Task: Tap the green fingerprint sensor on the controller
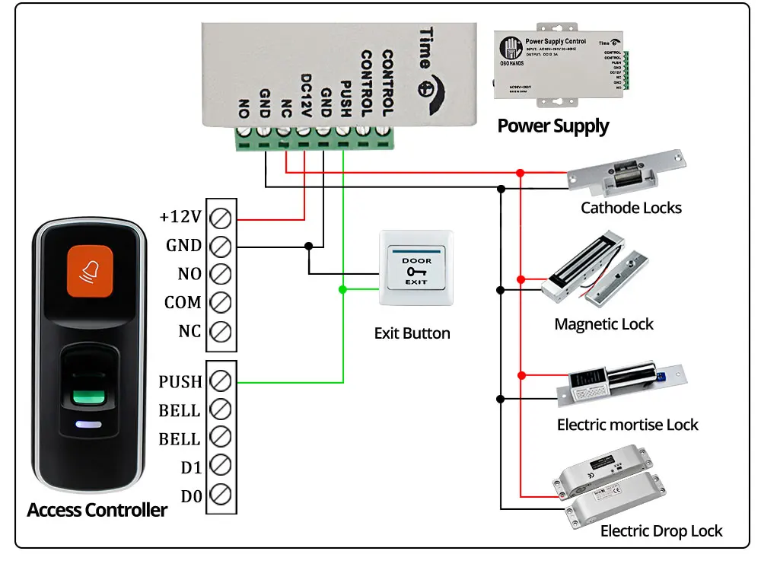[x=88, y=396]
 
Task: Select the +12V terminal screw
[x=220, y=218]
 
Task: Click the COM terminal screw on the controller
[x=220, y=303]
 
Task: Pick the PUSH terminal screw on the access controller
[x=220, y=381]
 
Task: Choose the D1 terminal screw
[x=220, y=466]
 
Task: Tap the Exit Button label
[x=412, y=333]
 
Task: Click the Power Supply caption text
[x=553, y=126]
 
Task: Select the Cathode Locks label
[x=631, y=208]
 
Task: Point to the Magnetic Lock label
[x=603, y=324]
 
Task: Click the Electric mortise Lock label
[x=627, y=425]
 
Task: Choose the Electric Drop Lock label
[x=661, y=531]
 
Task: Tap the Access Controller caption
[x=97, y=510]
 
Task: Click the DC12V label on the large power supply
[x=306, y=95]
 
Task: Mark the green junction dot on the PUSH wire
[x=343, y=289]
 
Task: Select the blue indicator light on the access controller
[x=88, y=426]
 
